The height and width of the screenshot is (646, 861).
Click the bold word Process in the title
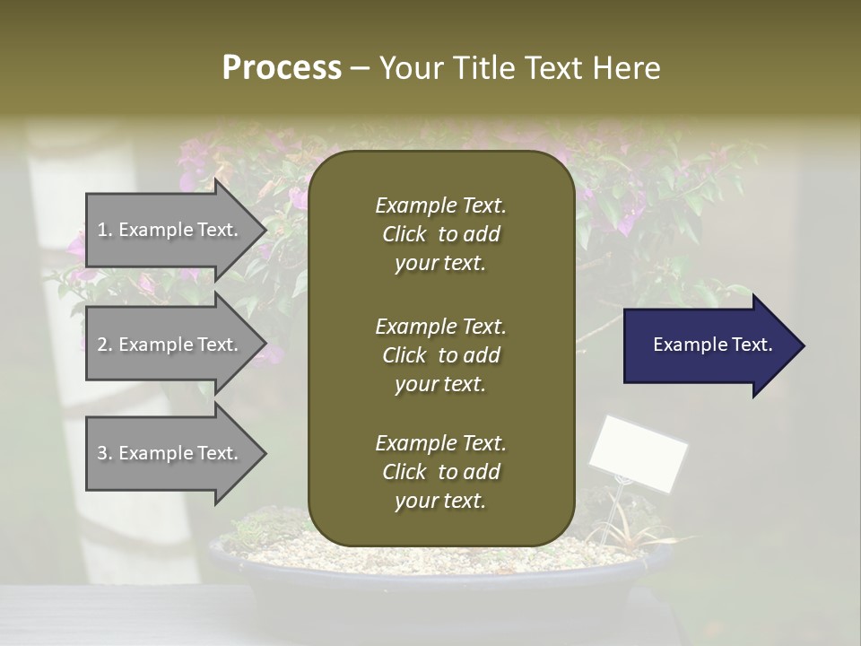click(282, 68)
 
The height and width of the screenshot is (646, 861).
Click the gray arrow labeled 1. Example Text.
click(170, 231)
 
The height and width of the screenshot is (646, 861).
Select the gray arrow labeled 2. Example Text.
click(170, 345)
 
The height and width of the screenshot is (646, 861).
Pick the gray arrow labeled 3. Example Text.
click(170, 454)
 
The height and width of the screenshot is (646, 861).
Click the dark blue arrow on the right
click(709, 345)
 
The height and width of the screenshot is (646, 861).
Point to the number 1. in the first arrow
click(105, 231)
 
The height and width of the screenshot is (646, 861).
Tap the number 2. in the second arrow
click(105, 345)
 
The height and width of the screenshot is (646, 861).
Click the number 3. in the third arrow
click(105, 454)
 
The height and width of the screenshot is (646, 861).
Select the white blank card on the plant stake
click(638, 453)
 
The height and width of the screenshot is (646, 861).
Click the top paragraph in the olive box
click(440, 234)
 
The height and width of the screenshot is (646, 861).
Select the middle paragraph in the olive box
click(440, 355)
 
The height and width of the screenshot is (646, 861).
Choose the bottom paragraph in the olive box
click(440, 472)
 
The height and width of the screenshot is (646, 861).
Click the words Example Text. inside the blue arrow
click(712, 345)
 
